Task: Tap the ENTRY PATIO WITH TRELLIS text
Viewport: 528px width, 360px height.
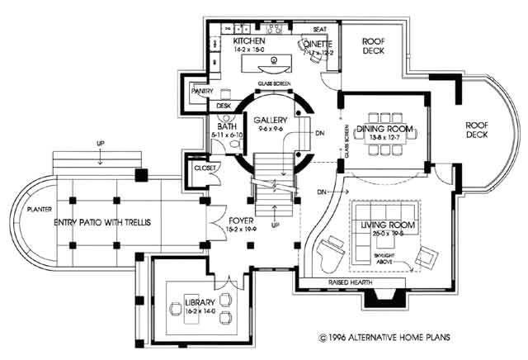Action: [x=102, y=224]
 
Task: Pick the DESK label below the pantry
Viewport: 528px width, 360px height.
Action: [x=224, y=106]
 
